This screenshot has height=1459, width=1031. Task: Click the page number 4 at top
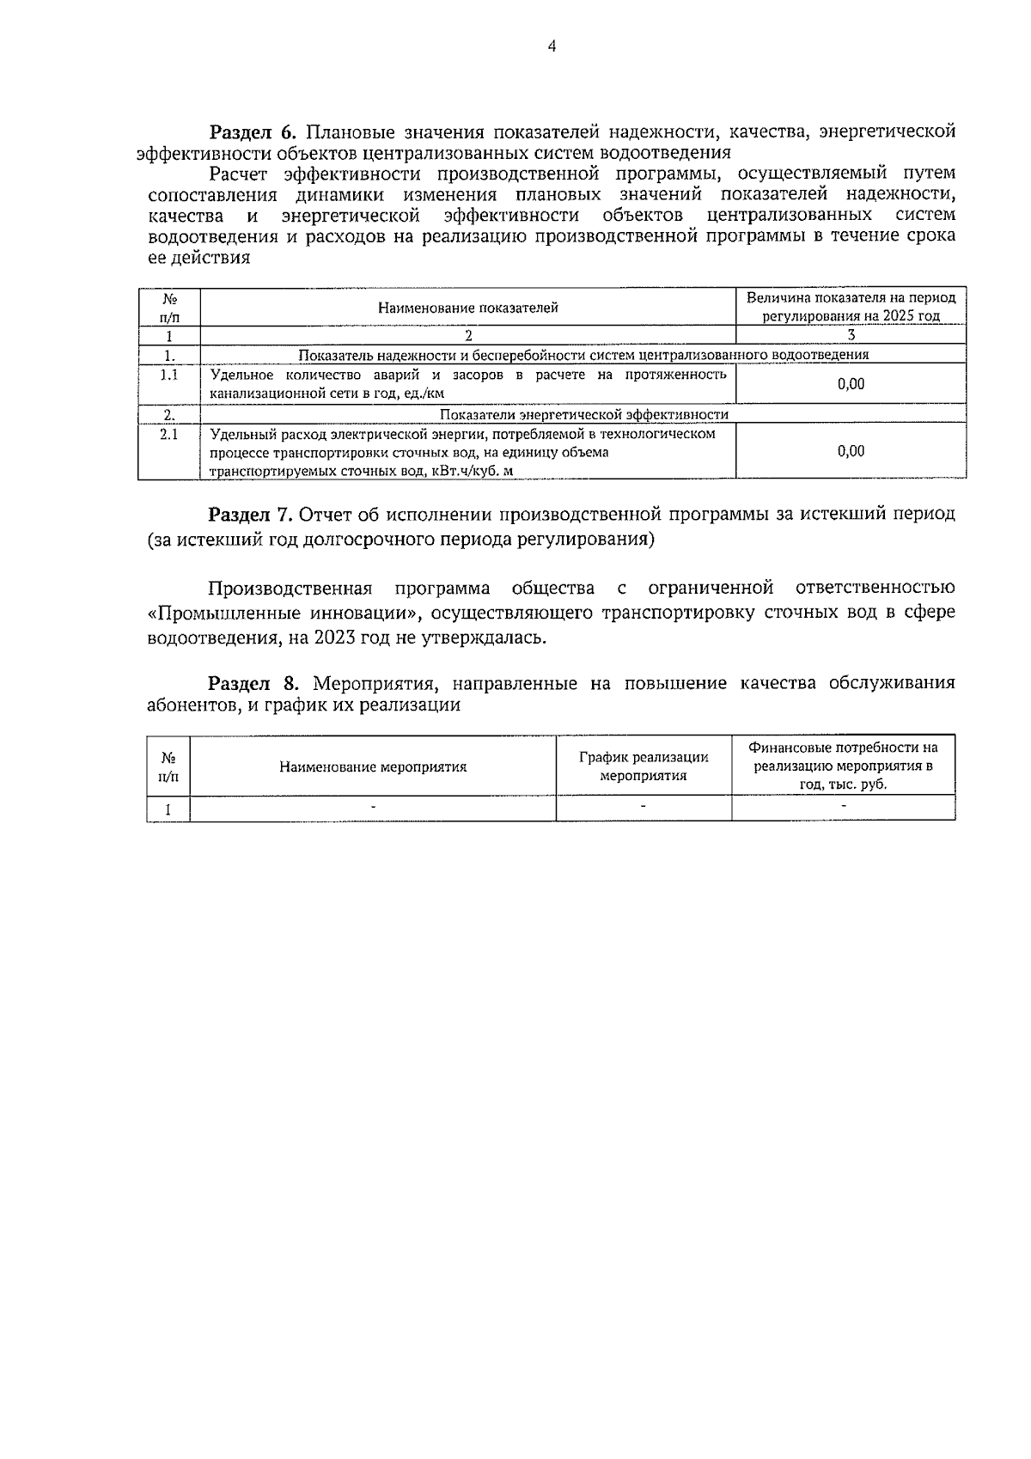[x=552, y=46]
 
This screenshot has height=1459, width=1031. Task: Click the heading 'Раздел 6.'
[x=253, y=132]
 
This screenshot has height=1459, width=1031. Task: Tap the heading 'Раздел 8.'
[x=253, y=683]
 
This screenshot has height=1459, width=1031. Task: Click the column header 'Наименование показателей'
[x=468, y=308]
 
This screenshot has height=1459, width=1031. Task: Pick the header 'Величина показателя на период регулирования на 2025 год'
[x=851, y=307]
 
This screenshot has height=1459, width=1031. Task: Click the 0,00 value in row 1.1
[x=851, y=384]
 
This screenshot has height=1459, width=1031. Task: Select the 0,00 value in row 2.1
[x=851, y=451]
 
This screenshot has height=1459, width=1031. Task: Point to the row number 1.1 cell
[x=169, y=375]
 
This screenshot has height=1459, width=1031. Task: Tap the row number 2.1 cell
[x=169, y=435]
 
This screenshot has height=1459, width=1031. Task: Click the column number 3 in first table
[x=851, y=336]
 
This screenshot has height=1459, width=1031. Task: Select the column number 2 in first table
[x=468, y=336]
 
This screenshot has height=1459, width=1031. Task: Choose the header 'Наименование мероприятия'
[x=373, y=767]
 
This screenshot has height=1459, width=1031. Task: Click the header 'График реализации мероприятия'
[x=644, y=766]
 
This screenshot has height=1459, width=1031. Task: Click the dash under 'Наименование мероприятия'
[x=373, y=807]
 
